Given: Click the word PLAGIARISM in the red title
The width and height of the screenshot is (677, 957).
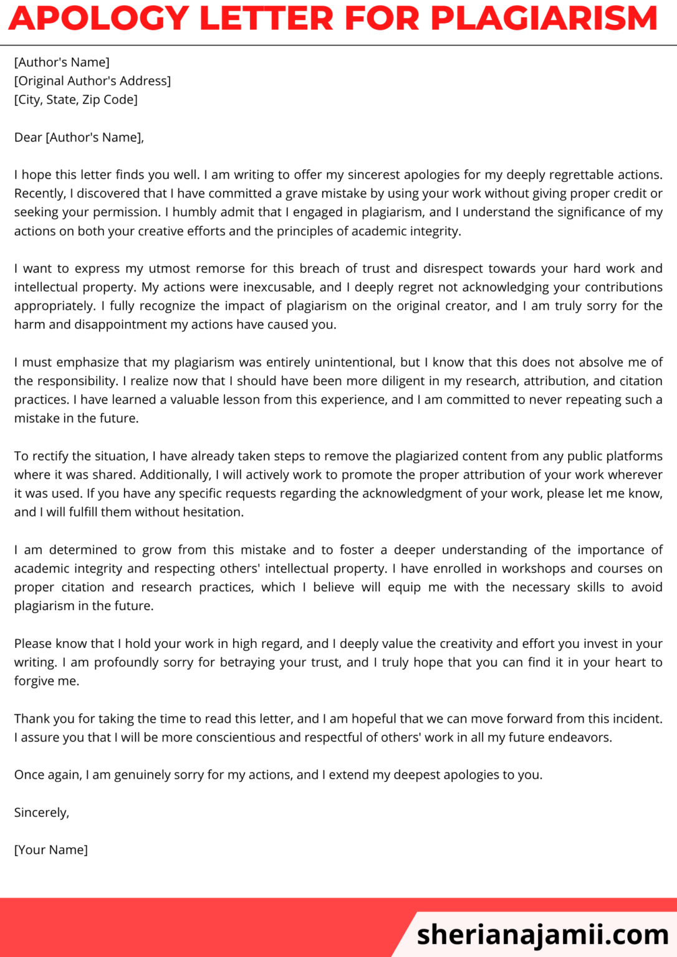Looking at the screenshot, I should click(544, 18).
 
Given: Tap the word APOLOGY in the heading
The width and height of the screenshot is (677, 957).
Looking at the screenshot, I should click(98, 18).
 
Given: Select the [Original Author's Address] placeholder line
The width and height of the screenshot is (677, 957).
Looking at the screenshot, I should click(92, 81).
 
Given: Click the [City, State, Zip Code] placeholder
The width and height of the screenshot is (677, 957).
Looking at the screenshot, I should click(76, 100).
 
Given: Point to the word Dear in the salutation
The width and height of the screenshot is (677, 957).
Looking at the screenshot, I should click(28, 138).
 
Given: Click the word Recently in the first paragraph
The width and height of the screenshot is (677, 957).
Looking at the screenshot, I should click(39, 194).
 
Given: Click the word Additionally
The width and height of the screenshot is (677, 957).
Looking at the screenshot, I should click(176, 475).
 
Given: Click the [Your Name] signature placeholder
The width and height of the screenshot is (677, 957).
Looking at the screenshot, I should click(51, 850).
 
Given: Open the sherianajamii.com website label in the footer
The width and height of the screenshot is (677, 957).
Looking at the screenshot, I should click(542, 935).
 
